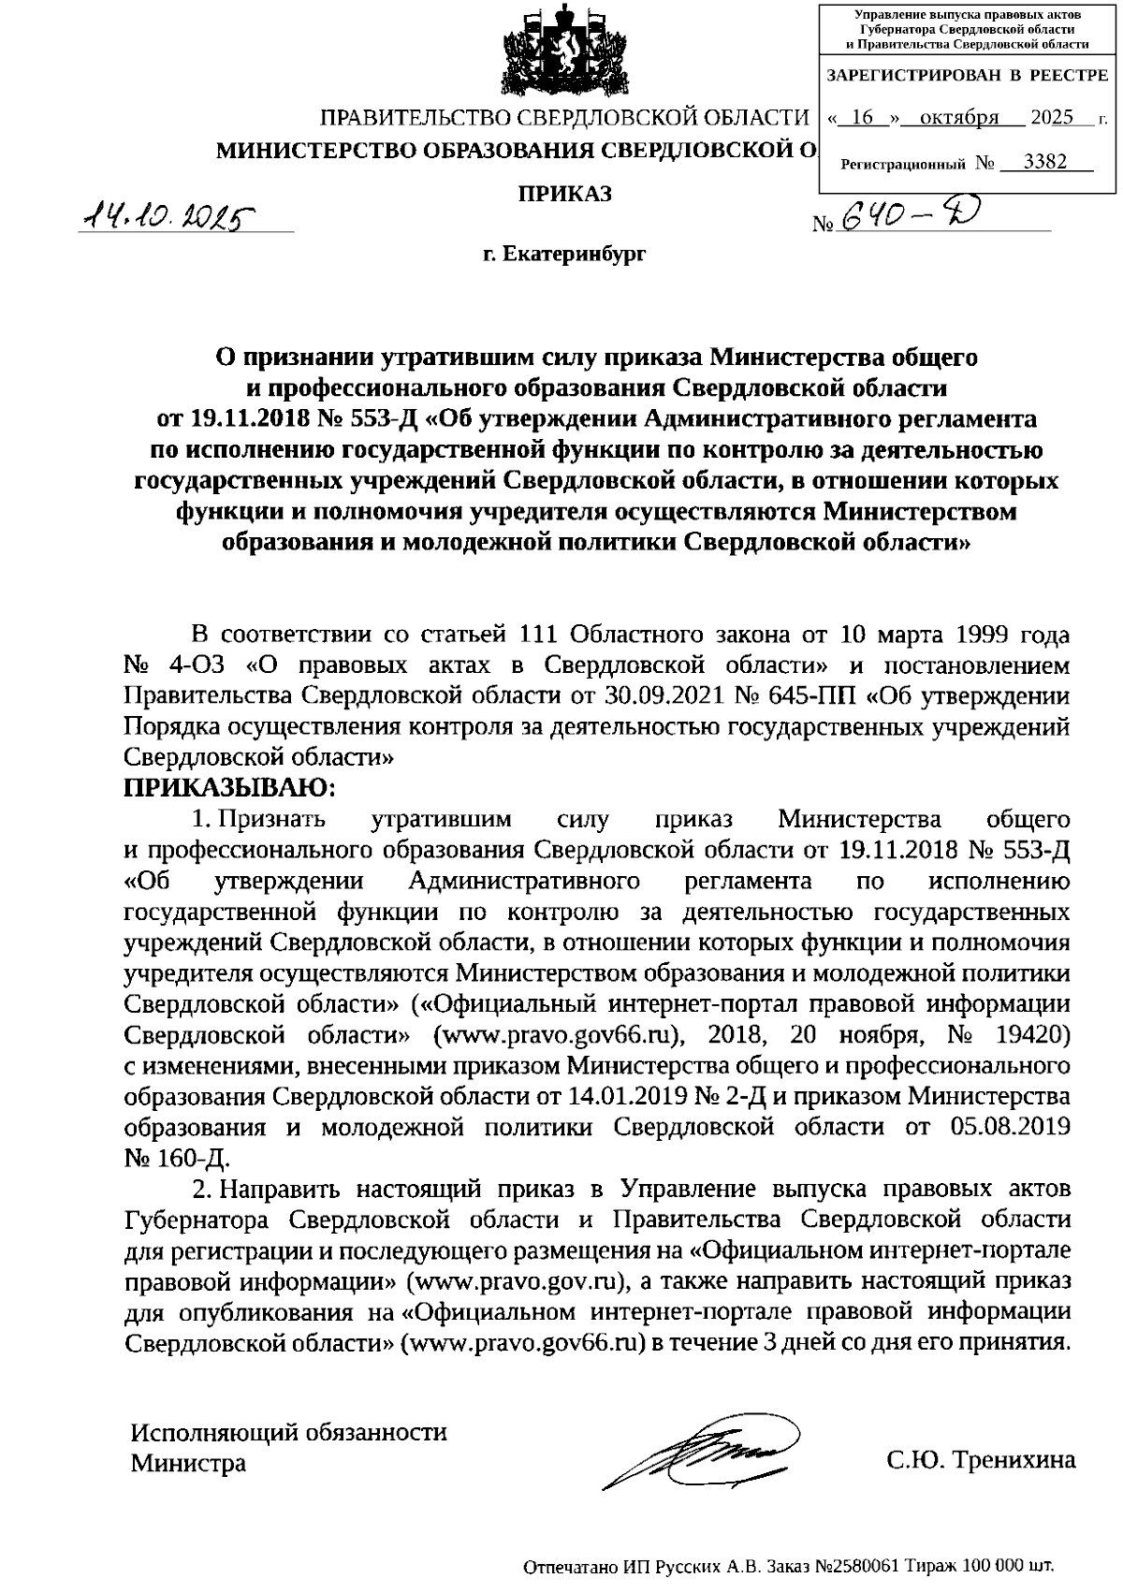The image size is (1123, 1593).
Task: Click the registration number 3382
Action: point(1045,161)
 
